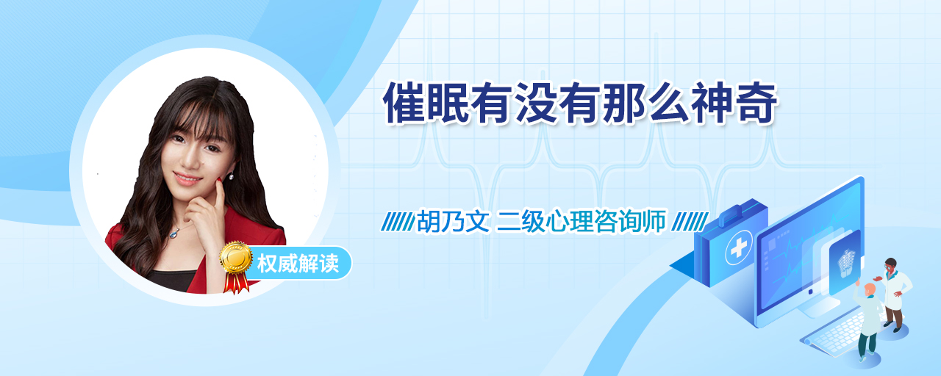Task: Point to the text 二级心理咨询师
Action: tap(581, 221)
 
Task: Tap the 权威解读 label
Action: tap(298, 264)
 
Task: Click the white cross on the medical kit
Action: tap(739, 248)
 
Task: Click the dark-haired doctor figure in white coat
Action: tap(893, 294)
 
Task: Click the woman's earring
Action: tap(231, 176)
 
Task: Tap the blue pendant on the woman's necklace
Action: tap(173, 234)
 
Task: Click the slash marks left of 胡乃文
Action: tap(398, 221)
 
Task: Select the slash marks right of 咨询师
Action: tap(690, 221)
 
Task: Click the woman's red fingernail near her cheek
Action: tap(219, 180)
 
